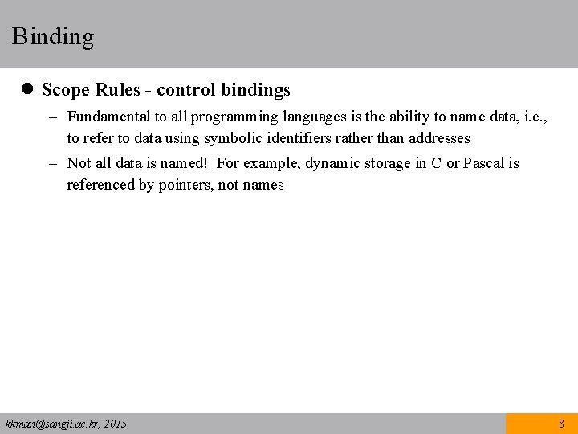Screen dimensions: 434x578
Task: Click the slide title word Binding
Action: point(53,36)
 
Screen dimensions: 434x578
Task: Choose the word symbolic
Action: point(234,138)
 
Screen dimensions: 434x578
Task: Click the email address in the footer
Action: point(50,424)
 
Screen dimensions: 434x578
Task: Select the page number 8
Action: point(561,424)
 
